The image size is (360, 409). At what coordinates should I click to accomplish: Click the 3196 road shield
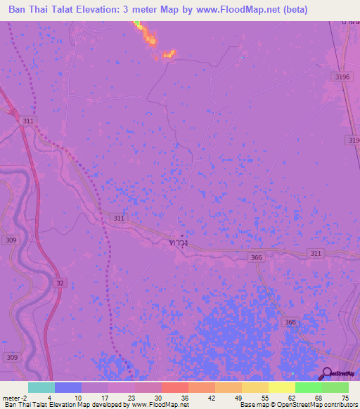(342, 77)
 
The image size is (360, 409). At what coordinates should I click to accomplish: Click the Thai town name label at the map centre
(179, 242)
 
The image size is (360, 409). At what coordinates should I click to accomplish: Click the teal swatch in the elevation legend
(41, 387)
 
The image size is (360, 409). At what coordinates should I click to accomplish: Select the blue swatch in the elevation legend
(68, 387)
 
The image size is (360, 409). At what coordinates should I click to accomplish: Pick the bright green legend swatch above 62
(308, 387)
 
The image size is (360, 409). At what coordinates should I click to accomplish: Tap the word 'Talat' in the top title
(58, 11)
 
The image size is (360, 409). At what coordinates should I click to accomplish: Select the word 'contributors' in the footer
(340, 405)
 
